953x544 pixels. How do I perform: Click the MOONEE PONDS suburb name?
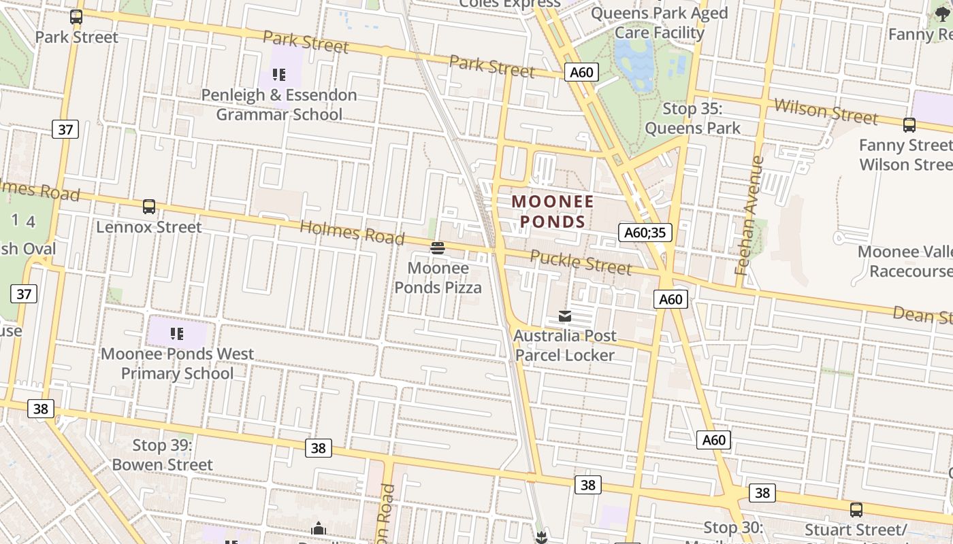[x=553, y=211]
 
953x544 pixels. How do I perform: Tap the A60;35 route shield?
[x=645, y=233]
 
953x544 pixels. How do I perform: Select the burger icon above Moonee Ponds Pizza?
[x=438, y=248]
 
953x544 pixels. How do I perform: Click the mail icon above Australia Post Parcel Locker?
[x=565, y=316]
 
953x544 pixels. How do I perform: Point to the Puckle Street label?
[x=581, y=262]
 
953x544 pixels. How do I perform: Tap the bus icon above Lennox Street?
[x=149, y=207]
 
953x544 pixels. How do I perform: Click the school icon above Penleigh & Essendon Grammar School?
[x=278, y=74]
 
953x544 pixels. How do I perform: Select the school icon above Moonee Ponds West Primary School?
[x=177, y=333]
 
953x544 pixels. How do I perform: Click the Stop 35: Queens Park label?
[x=692, y=118]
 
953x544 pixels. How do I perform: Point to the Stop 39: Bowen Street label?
[x=162, y=455]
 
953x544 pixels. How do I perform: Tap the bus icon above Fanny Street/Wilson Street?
[x=909, y=124]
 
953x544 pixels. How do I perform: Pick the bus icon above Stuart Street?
[x=856, y=509]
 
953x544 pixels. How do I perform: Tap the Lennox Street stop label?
[x=148, y=227]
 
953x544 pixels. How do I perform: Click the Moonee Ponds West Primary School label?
[x=177, y=364]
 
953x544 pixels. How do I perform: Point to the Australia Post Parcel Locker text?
[x=565, y=345]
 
